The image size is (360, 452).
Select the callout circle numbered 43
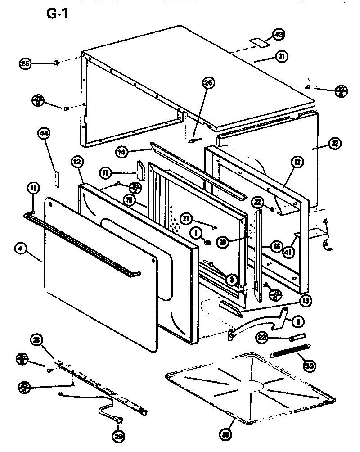coord(279,35)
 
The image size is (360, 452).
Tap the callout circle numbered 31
coord(281,57)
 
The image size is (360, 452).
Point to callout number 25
coord(26,64)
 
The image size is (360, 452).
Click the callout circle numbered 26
coord(208,83)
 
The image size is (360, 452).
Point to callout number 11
coord(33,188)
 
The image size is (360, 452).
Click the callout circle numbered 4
coord(19,249)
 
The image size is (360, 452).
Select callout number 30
coord(226,434)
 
